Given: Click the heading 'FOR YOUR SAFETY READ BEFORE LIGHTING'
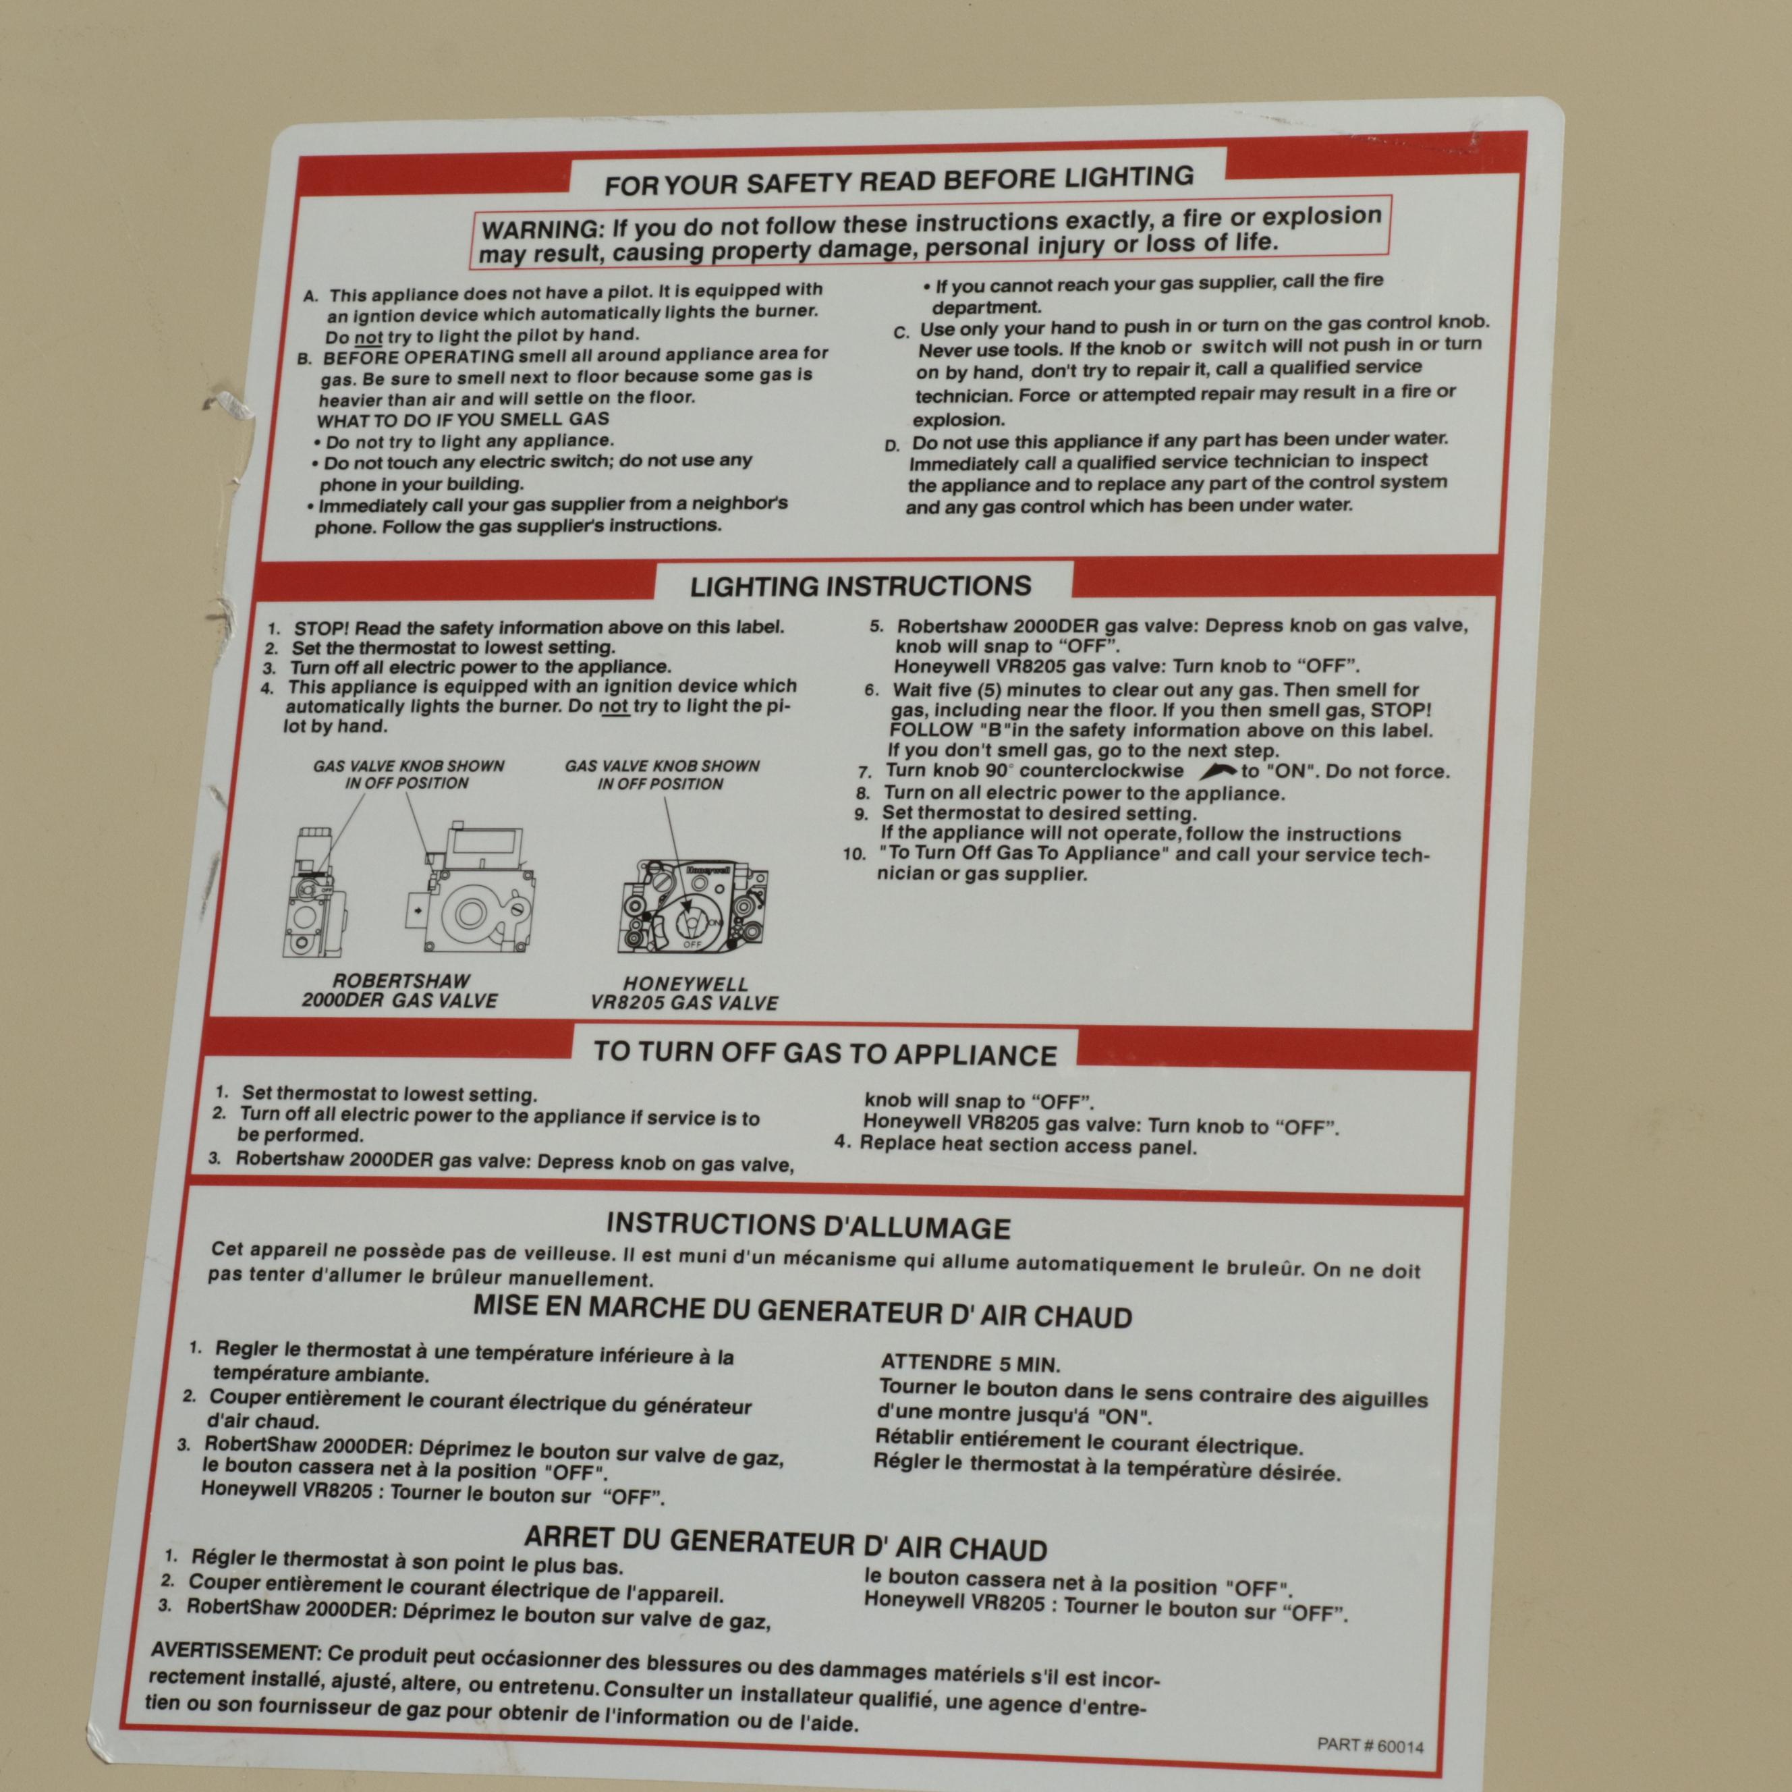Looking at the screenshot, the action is coord(899,179).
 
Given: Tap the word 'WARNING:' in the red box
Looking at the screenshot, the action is coord(542,229).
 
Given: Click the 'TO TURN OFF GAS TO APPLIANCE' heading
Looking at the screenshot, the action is coord(824,1054).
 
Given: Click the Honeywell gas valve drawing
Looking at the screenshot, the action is coord(693,906).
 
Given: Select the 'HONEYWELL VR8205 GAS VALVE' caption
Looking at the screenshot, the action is coord(685,993).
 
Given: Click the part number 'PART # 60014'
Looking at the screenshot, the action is coord(1370,1745).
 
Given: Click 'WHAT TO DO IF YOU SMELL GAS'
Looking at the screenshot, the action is coord(463,419).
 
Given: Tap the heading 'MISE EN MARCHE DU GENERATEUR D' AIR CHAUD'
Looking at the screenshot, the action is coord(802,1312).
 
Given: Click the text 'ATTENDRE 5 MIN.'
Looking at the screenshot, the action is coord(970,1364).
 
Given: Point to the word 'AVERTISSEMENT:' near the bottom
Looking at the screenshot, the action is coord(235,1651).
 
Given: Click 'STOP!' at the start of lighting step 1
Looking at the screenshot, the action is coord(323,628).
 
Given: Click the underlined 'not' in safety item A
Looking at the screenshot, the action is coord(369,337).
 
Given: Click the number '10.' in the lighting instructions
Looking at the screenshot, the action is coord(854,854).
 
